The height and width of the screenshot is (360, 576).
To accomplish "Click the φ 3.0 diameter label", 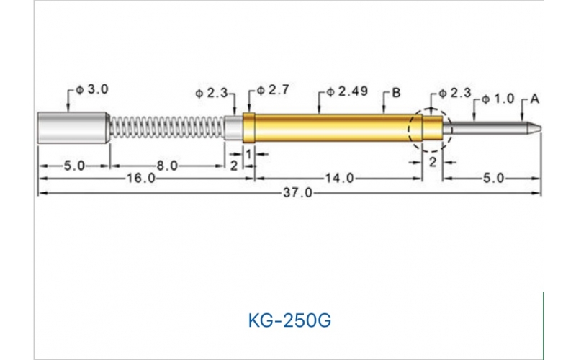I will pos(91,91).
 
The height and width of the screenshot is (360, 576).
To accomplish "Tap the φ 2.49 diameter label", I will pos(347,91).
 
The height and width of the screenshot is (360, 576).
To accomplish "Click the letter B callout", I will pos(396,92).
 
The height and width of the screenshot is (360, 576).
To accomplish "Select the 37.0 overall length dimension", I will pos(297,193).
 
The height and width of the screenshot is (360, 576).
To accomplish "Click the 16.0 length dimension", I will pos(142,179).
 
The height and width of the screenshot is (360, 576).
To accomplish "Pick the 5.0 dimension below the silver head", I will pos(74,166).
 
